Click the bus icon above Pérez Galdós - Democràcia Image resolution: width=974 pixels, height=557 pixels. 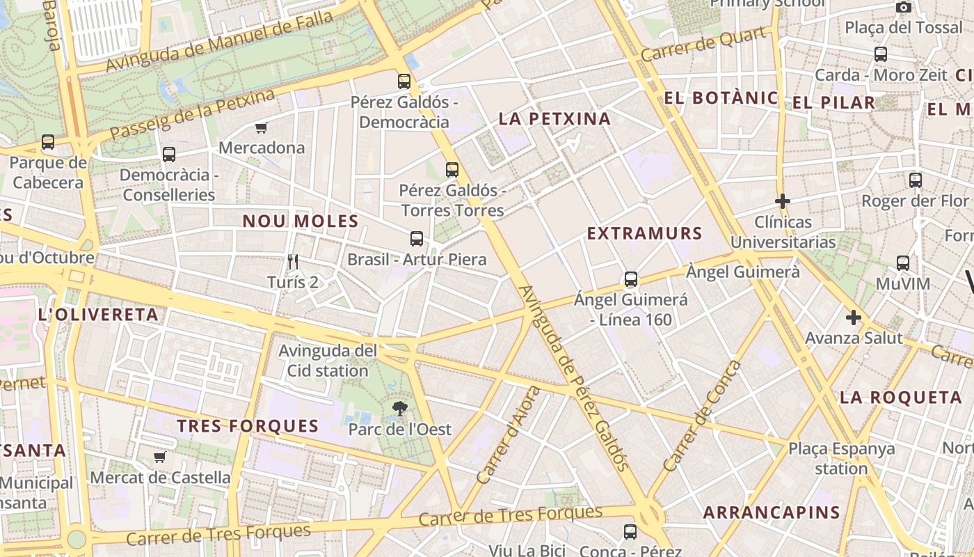404,81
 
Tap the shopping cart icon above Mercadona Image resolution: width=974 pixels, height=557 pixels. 262,127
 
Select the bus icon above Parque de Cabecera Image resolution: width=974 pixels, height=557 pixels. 48,142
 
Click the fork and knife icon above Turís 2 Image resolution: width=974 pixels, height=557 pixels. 293,262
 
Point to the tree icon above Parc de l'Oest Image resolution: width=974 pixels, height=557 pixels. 399,409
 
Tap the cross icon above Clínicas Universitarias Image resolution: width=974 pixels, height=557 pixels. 783,202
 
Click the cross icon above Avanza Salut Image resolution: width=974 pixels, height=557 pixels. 854,318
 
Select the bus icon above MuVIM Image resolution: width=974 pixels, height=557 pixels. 903,263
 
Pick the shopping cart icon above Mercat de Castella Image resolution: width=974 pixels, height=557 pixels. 160,457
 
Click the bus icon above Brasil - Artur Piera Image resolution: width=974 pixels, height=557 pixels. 417,239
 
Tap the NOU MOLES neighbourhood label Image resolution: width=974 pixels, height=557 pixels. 301,221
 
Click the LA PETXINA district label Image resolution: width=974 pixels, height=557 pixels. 554,119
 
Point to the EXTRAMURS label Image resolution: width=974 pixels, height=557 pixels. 644,233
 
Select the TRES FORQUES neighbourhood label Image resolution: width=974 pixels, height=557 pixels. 248,426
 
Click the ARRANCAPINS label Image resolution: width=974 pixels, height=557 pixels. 772,513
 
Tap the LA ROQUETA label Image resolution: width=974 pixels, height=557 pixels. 900,398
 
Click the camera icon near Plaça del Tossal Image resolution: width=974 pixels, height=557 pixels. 904,7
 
